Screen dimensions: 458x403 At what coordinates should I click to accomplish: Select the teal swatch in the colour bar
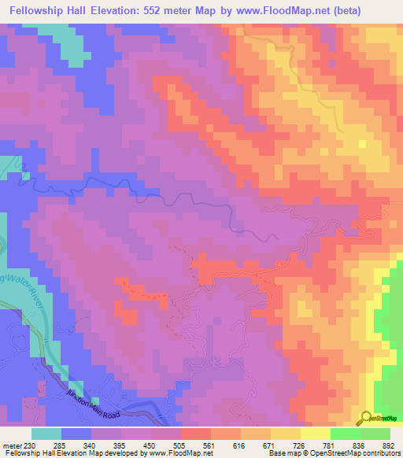pos(46,434)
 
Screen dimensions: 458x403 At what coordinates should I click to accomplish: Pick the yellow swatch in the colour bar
pos(315,434)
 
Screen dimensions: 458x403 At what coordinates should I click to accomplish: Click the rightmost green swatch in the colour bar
pos(375,434)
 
